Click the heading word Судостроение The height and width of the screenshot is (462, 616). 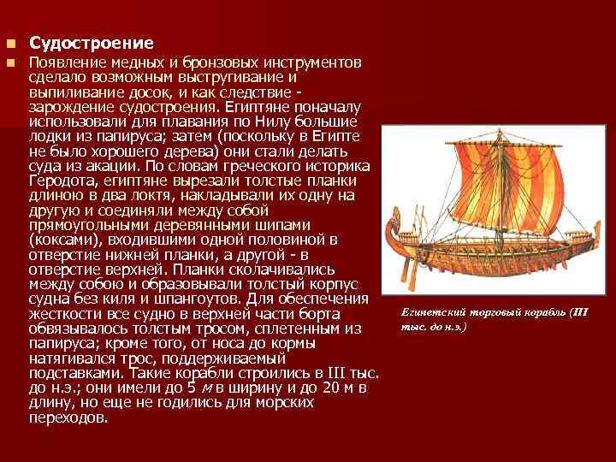coord(91,43)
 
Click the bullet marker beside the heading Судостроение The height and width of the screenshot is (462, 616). coord(10,43)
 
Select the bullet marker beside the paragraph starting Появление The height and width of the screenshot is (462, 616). coord(10,63)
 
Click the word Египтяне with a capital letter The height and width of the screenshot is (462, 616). coord(246,108)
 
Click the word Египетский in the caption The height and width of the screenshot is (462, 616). coord(430,313)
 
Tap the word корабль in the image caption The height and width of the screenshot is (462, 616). coord(540,313)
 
